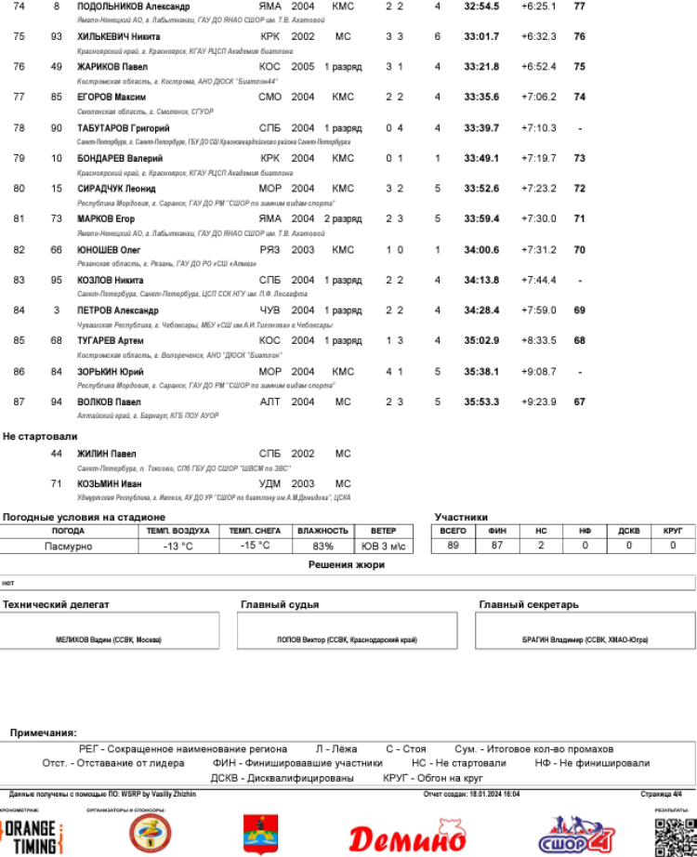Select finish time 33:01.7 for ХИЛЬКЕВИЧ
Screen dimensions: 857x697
tap(481, 37)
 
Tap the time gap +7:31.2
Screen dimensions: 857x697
tap(539, 250)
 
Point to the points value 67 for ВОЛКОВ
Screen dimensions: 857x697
tap(580, 402)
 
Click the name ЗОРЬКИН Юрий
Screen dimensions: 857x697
tap(110, 372)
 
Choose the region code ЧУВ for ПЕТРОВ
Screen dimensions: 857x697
tap(270, 310)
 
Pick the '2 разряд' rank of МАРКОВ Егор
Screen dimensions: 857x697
tap(343, 219)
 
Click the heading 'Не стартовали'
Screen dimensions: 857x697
tap(40, 436)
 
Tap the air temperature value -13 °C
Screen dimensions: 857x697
tap(178, 547)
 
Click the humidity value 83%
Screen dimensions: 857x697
tap(322, 547)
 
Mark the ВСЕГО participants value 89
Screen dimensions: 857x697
tap(453, 547)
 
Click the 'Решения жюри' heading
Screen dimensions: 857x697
tap(347, 565)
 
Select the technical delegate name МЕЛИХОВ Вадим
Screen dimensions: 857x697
tap(109, 640)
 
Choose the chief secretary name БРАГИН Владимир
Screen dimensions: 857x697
tap(585, 640)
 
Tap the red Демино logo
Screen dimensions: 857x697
tap(407, 837)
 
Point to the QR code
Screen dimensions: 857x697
tap(675, 837)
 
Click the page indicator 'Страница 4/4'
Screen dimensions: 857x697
tap(661, 795)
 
